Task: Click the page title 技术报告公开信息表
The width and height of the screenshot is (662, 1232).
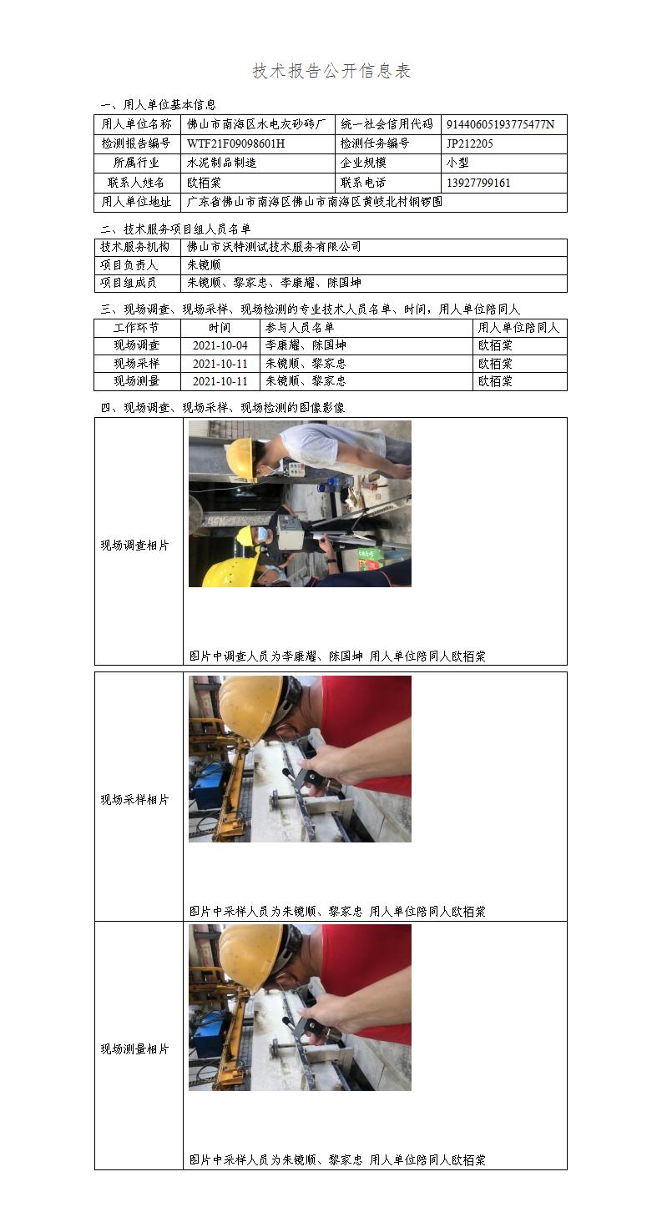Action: [331, 71]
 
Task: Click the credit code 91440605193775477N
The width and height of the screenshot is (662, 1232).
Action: [500, 124]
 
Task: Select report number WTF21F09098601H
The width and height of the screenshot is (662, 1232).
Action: [236, 143]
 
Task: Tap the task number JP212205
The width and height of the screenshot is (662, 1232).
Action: [469, 143]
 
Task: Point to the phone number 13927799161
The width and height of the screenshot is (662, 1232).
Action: [478, 183]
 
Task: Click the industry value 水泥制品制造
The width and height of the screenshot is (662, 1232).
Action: [222, 163]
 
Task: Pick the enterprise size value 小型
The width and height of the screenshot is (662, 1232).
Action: [457, 163]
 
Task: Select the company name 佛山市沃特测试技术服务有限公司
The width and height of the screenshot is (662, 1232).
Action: [274, 247]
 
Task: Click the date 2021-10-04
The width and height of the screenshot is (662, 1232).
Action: [220, 345]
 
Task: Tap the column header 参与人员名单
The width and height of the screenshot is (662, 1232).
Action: [300, 328]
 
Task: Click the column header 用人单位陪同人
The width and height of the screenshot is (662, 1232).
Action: [518, 328]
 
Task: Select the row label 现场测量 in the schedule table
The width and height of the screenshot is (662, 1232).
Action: [136, 381]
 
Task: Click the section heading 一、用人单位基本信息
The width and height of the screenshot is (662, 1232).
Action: [158, 104]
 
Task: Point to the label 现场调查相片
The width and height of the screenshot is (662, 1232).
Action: [134, 545]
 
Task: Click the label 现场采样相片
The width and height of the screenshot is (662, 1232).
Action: [134, 800]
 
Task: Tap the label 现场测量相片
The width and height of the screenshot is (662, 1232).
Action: [134, 1049]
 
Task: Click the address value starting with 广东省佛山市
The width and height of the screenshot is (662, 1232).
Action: [315, 202]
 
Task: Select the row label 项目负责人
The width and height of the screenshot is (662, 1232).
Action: [129, 265]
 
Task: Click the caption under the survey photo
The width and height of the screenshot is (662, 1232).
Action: [337, 656]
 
